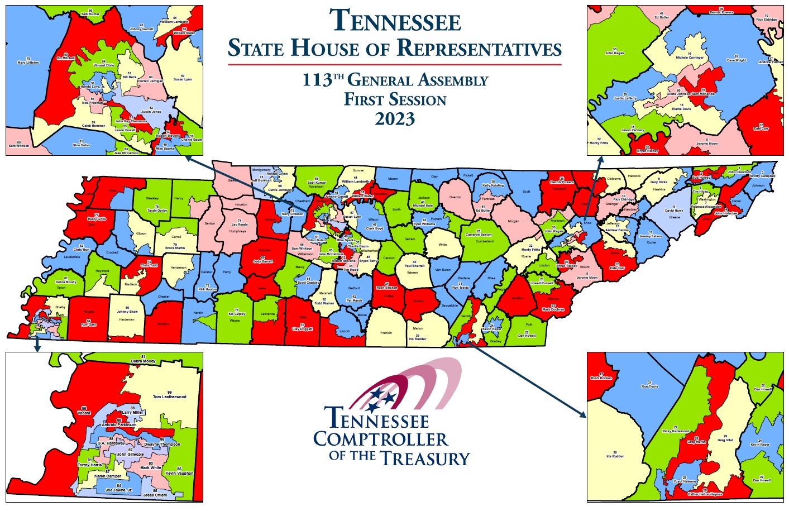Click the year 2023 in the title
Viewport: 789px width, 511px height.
point(395,119)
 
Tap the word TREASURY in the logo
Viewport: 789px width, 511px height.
point(425,459)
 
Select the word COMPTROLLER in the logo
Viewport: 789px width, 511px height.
point(380,440)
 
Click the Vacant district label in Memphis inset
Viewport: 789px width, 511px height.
point(84,412)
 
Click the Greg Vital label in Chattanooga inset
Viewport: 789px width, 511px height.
point(725,438)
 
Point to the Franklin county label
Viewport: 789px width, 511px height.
point(386,333)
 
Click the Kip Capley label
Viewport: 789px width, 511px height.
point(237,313)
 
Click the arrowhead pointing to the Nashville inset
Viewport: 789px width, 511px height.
point(188,158)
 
